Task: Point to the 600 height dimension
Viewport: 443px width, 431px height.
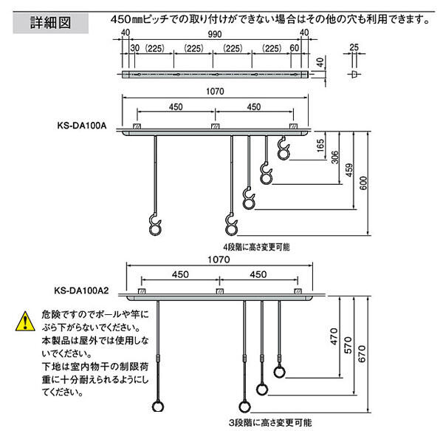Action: point(362,183)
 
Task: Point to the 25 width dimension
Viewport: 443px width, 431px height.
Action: point(354,48)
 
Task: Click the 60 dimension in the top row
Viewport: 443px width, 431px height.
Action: point(295,49)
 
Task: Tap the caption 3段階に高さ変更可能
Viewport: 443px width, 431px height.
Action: point(269,423)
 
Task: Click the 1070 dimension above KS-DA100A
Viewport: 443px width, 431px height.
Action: point(216,92)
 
